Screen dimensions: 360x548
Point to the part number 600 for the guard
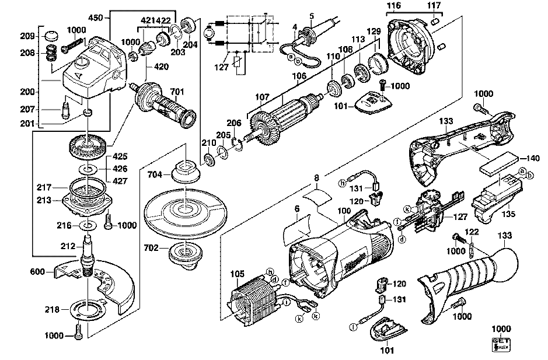pyautogui.click(x=38, y=271)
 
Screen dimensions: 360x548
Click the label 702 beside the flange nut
pyautogui.click(x=151, y=248)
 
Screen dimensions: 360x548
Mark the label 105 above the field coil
pyautogui.click(x=237, y=274)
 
